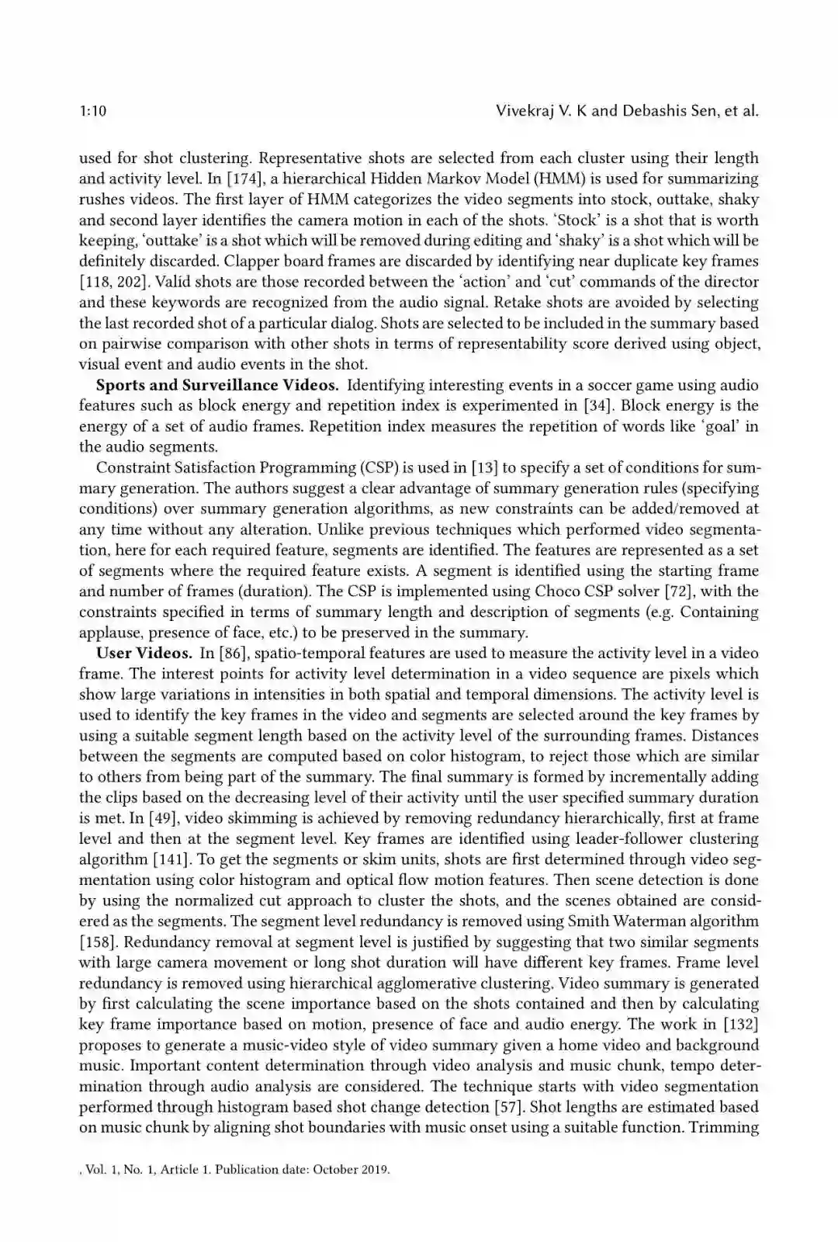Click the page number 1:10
(x=92, y=111)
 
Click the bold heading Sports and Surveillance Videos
(x=216, y=385)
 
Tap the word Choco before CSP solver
(x=556, y=591)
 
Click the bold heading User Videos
(x=144, y=653)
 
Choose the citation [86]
(x=231, y=653)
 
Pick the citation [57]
(x=512, y=1107)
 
